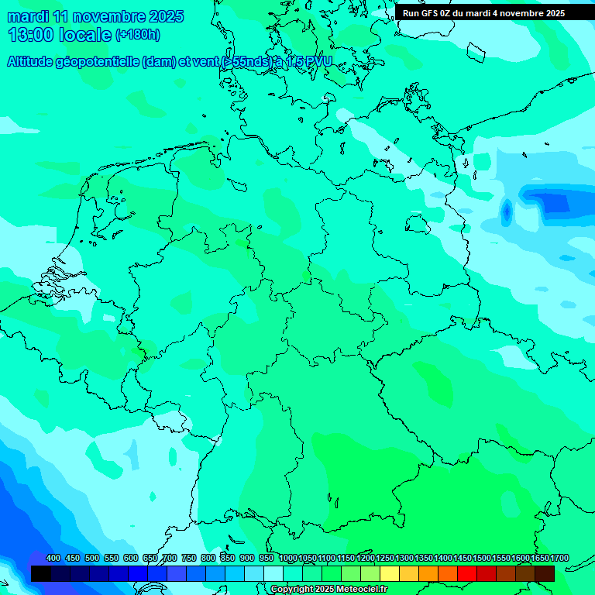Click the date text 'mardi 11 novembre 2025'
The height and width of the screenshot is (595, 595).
[95, 16]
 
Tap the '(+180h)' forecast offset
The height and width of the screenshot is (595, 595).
[137, 35]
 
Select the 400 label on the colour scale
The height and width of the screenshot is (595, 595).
[53, 559]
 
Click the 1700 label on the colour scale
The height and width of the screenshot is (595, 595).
[559, 559]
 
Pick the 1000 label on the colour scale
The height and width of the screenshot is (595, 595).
[288, 559]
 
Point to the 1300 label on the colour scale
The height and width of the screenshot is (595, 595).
[404, 559]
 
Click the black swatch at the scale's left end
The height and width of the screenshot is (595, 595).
[41, 573]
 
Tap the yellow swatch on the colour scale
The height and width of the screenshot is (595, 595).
[390, 573]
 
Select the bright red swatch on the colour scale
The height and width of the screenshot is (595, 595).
[467, 573]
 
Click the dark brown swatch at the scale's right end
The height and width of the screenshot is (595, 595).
[545, 573]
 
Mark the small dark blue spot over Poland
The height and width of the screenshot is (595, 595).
[507, 210]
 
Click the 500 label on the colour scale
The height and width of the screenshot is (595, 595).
[92, 559]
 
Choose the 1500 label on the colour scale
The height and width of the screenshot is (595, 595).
[482, 559]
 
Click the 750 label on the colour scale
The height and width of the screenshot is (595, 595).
[189, 559]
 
